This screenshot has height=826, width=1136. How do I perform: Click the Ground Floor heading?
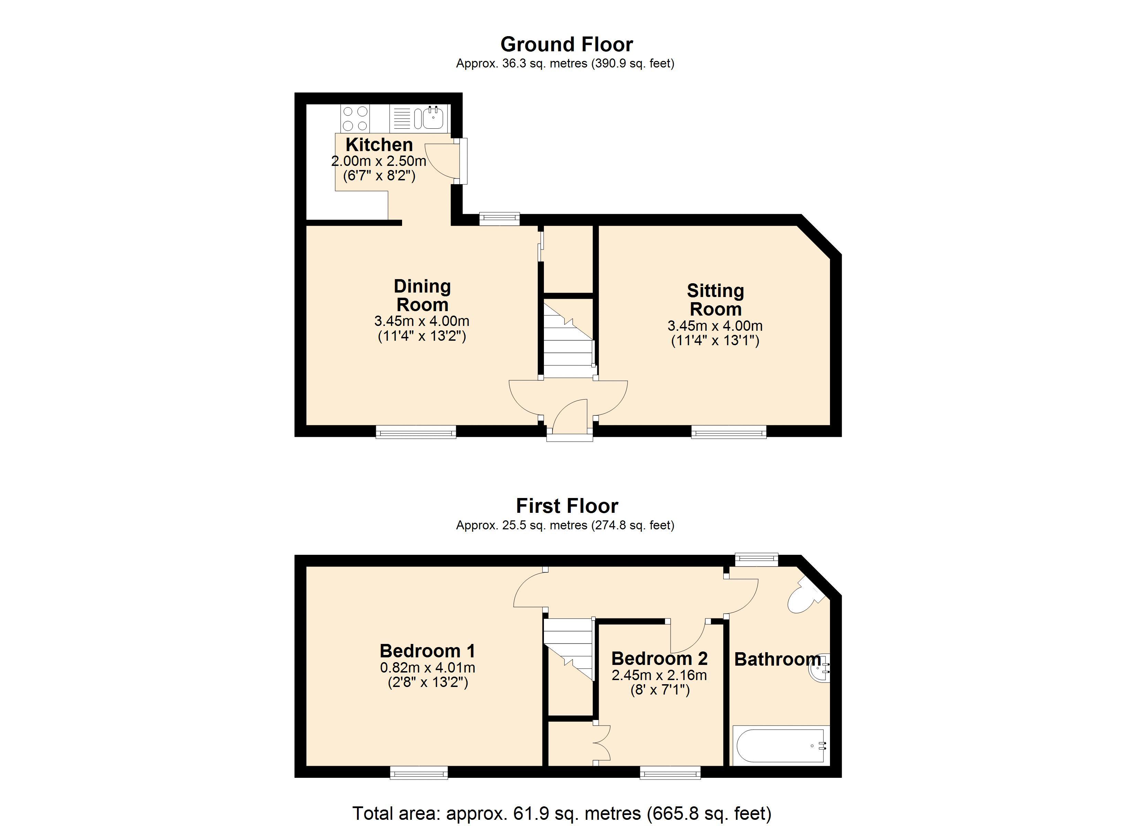[x=567, y=45]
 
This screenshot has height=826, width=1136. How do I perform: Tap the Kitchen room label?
[x=379, y=145]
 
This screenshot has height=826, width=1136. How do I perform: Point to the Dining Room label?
[x=422, y=296]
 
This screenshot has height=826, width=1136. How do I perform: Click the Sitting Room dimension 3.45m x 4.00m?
[x=715, y=326]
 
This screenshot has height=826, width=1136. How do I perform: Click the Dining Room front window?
[x=416, y=432]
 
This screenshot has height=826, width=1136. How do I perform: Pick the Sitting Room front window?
[x=729, y=432]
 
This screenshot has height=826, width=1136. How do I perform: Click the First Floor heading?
[x=567, y=506]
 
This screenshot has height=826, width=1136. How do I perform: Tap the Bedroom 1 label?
[x=427, y=651]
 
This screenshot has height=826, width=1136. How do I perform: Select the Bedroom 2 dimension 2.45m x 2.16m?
[x=659, y=675]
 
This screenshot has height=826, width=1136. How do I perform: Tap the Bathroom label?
[x=777, y=659]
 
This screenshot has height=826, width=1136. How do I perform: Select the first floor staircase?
[x=568, y=646]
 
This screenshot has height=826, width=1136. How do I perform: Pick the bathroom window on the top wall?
[x=756, y=559]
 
